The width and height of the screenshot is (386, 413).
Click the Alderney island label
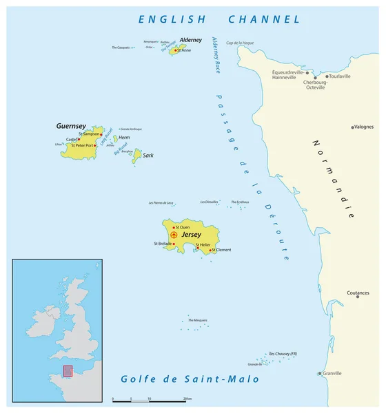[190, 41]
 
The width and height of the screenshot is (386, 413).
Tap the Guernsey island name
[71, 126]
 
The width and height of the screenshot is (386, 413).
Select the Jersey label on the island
[190, 235]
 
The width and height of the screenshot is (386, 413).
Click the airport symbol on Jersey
[174, 235]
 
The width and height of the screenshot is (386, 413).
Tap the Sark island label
[148, 156]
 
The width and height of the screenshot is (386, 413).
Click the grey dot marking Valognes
[353, 127]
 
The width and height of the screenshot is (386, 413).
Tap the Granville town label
[332, 374]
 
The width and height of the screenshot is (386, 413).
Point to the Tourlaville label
[340, 76]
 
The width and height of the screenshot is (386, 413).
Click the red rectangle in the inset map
[68, 371]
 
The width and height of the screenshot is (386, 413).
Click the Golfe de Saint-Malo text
[190, 379]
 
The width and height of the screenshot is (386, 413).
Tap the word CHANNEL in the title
[265, 20]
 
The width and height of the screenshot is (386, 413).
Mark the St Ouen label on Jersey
[183, 226]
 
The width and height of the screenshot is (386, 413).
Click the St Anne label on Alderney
[184, 50]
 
